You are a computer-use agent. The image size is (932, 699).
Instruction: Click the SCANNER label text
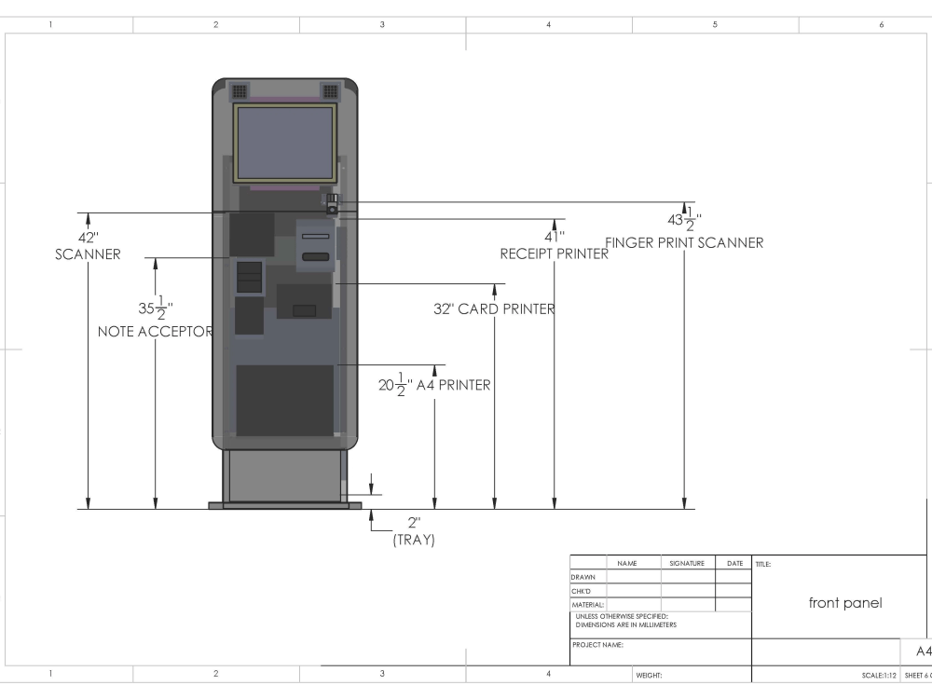[x=88, y=254]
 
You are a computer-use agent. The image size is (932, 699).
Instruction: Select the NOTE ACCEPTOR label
[x=156, y=332]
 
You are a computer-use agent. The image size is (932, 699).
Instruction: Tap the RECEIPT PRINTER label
[x=555, y=254]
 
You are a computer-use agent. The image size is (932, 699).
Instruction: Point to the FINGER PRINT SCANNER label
[x=684, y=243]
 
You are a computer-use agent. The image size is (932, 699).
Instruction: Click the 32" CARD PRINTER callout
[x=495, y=309]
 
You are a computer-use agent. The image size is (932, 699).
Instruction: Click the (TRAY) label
[x=414, y=540]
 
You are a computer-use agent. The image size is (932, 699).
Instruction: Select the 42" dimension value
[x=88, y=238]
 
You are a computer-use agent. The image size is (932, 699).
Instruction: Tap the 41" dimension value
[x=555, y=237]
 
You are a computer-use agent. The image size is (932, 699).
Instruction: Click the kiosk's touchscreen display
[x=284, y=143]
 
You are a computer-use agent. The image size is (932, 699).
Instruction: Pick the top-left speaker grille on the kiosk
[x=240, y=91]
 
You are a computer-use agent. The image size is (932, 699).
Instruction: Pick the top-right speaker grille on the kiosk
[x=330, y=91]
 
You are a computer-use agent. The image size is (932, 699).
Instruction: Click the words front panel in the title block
[x=844, y=603]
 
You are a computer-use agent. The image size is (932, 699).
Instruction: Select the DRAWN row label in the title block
[x=583, y=577]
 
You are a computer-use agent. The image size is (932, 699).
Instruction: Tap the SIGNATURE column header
[x=687, y=563]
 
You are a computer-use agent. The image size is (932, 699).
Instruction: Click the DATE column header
[x=734, y=563]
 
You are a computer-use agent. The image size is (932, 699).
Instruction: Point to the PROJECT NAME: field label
[x=597, y=645]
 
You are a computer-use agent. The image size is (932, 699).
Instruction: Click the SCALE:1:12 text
[x=880, y=675]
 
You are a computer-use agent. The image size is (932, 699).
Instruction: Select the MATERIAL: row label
[x=587, y=605]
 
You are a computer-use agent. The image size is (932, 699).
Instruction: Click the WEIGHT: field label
[x=649, y=675]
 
